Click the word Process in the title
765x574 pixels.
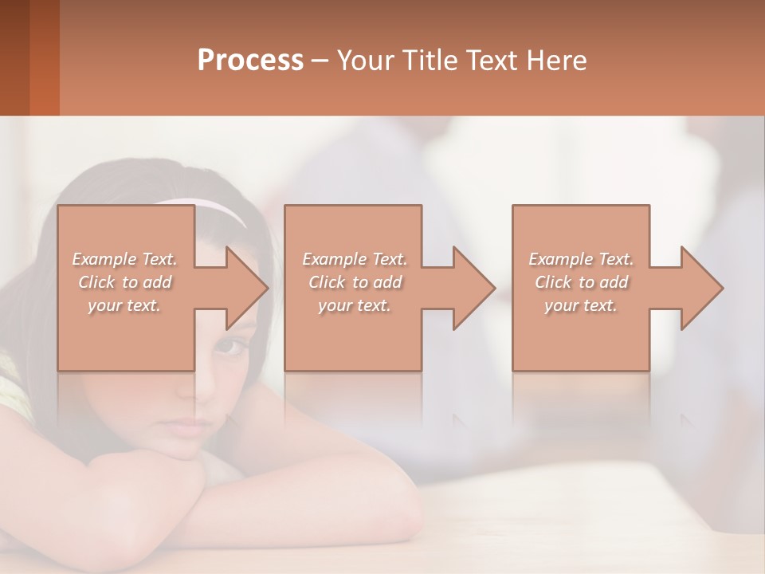(250, 61)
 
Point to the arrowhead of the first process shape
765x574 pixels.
(247, 288)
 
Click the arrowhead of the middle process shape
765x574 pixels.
(474, 288)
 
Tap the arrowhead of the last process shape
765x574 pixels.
(702, 288)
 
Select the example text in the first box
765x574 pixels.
(124, 282)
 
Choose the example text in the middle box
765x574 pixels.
(355, 282)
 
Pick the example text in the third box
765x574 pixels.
(581, 282)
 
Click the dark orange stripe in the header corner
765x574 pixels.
(45, 57)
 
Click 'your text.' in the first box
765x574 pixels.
(124, 305)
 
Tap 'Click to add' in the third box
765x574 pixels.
(581, 282)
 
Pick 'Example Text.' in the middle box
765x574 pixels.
(355, 259)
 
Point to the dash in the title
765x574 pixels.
(320, 61)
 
